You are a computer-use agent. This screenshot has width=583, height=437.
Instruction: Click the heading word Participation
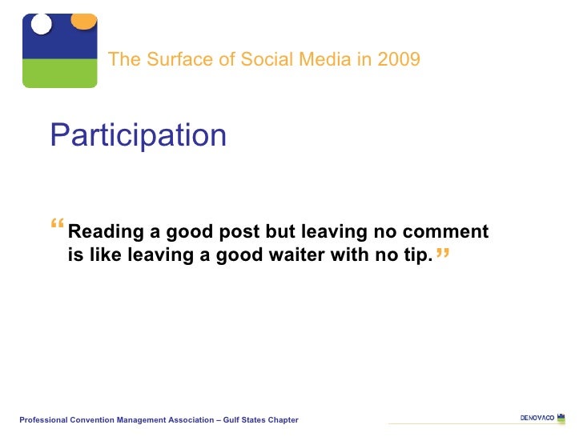coord(138,136)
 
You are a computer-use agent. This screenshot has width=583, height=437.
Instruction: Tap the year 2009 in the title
coord(399,59)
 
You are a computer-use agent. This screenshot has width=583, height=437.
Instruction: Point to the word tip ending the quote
coord(418,257)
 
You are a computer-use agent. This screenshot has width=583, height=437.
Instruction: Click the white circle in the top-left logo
coord(41,25)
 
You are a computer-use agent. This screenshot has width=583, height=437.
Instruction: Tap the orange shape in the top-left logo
coord(83,20)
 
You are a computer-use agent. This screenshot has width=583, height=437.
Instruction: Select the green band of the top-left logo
coord(59,73)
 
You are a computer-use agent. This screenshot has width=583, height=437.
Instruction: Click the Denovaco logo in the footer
coord(537,418)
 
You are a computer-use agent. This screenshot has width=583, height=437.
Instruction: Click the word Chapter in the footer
coord(283,420)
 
